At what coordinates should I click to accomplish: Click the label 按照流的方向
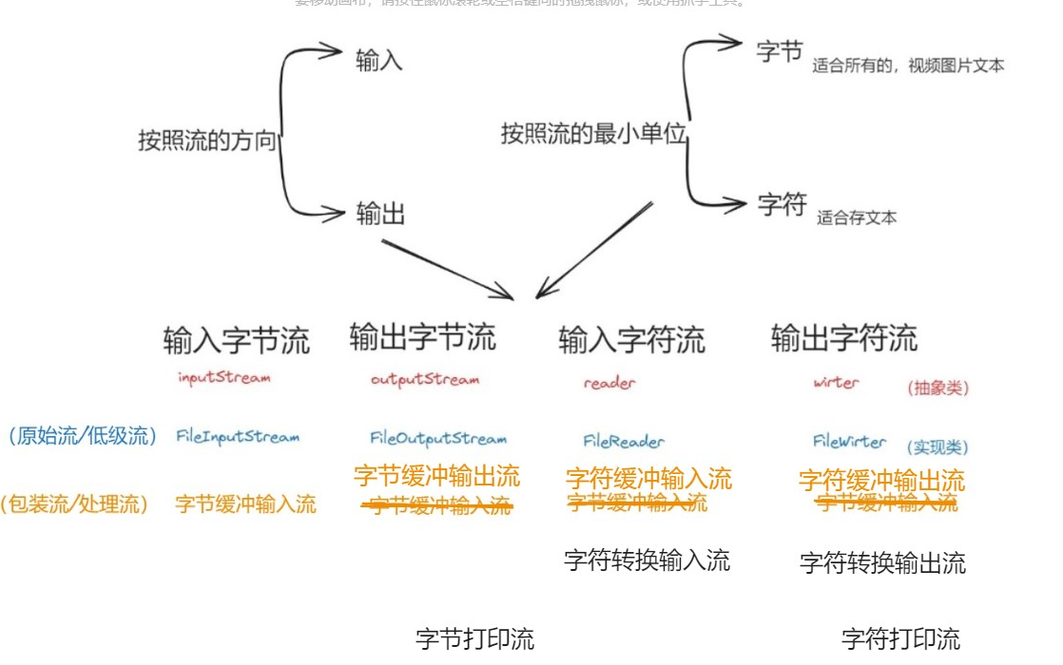pos(206,142)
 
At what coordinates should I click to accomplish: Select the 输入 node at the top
pos(379,60)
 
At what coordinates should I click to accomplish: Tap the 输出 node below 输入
pos(381,215)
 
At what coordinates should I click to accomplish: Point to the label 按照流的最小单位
pos(593,134)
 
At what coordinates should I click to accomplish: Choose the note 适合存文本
pos(856,218)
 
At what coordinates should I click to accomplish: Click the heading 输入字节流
pos(237,340)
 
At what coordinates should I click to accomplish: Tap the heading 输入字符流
pos(631,339)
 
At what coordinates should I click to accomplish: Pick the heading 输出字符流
pos(844,337)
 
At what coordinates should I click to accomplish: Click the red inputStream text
pos(223,377)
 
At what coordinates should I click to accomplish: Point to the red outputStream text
pos(425,379)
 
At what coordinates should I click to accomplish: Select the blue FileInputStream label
pos(238,437)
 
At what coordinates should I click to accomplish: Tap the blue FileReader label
pos(624,441)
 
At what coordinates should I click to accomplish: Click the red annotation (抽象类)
pos(938,388)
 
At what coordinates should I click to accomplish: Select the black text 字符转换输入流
pos(647,560)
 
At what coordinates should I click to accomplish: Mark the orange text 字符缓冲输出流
pos(881,480)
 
